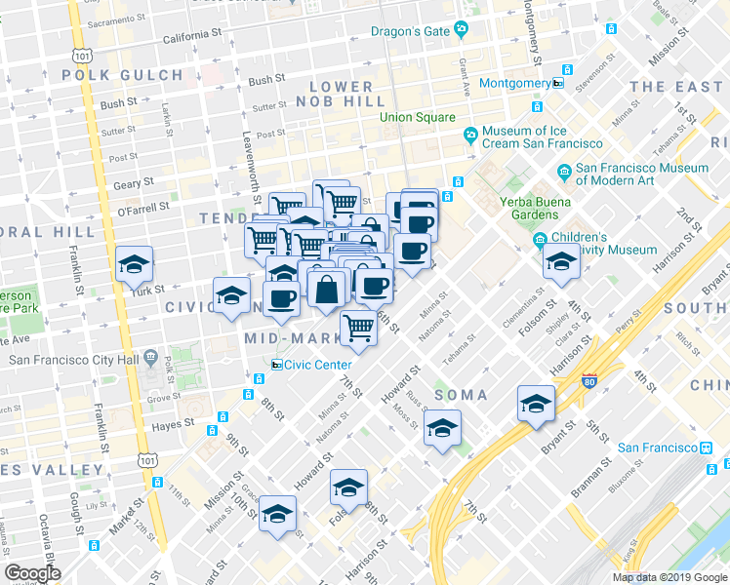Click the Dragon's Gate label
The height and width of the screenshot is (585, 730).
(410, 31)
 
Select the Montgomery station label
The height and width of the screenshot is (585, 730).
(515, 84)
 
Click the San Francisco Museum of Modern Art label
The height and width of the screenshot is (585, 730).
(641, 174)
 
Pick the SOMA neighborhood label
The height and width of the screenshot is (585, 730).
(460, 395)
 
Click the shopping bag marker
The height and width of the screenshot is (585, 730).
(326, 288)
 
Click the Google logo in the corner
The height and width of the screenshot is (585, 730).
(32, 573)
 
